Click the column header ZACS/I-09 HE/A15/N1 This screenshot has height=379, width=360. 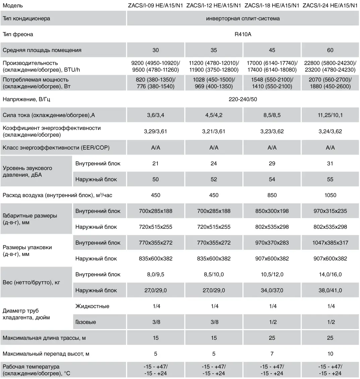point(156,6)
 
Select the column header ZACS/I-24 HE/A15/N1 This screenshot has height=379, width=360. point(330,6)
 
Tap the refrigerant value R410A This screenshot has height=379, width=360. point(243,35)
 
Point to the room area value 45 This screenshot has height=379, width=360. point(272,50)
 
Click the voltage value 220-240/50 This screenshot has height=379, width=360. point(243,100)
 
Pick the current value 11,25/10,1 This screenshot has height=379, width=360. point(330,115)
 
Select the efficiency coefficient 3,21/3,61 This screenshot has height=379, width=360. point(214,131)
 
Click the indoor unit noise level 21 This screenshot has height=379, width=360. point(156,164)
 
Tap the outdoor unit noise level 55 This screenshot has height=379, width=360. point(330,179)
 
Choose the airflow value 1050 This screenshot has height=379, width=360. point(330,195)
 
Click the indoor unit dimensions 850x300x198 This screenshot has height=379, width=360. point(272,211)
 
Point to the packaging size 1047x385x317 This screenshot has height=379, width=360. point(330,243)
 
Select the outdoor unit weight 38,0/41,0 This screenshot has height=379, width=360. point(330,290)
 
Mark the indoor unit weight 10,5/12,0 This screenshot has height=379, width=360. point(272,275)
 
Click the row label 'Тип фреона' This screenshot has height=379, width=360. point(18,35)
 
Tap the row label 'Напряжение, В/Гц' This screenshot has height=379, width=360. point(26,100)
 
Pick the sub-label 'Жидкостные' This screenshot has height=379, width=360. point(92,306)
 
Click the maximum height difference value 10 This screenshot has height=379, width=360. point(330,354)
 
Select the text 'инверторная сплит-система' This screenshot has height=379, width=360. point(243,18)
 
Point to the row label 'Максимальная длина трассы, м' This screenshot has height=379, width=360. point(44,338)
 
